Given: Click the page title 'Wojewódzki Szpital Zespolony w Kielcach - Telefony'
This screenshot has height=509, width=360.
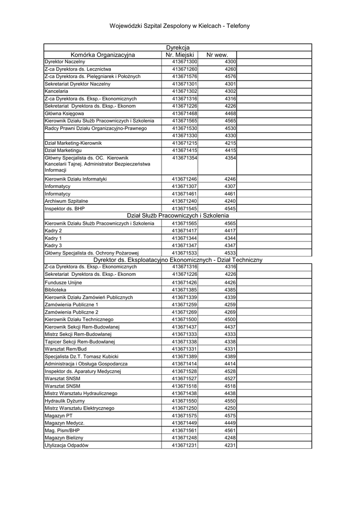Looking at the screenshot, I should click(x=180, y=26).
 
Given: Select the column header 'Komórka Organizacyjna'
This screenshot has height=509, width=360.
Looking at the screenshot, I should click(x=103, y=55).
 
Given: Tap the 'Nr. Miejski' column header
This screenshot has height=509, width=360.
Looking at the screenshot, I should click(x=180, y=55).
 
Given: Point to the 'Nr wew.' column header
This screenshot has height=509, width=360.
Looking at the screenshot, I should click(x=217, y=55).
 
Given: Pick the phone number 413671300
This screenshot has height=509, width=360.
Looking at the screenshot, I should click(x=184, y=61).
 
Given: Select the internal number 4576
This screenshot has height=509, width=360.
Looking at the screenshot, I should click(x=230, y=77).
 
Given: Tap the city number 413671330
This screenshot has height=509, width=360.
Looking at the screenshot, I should click(x=184, y=136).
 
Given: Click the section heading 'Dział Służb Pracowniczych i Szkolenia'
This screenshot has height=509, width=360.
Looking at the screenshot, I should click(x=178, y=216).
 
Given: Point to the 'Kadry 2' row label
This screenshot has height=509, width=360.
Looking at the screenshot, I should click(x=53, y=231).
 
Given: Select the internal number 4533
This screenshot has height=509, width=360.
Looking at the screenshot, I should click(x=230, y=253).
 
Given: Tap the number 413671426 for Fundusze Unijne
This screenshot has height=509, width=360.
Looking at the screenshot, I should click(x=184, y=282).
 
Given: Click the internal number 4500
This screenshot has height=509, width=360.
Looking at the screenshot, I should click(x=230, y=319).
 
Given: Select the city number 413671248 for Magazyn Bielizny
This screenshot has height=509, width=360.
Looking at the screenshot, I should click(x=184, y=437).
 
